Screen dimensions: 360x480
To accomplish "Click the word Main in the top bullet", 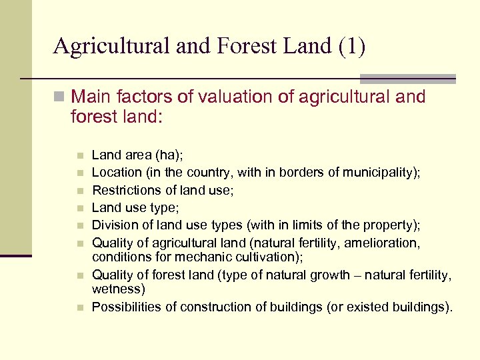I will pyautogui.click(x=91, y=97).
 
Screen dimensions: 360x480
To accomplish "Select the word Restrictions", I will pyautogui.click(x=125, y=190).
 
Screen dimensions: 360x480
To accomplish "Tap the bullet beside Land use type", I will pyautogui.click(x=79, y=208).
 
